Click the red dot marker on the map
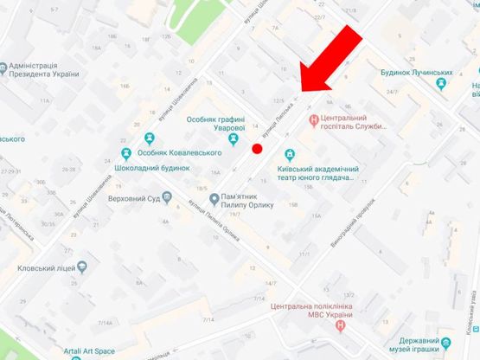coord(257,149)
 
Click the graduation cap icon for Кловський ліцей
coord(82,267)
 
